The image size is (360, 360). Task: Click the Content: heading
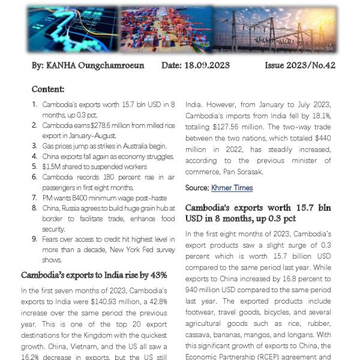point(48,89)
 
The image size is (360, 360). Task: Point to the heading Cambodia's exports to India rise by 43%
point(94,275)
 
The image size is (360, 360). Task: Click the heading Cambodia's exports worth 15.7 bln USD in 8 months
point(257,212)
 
